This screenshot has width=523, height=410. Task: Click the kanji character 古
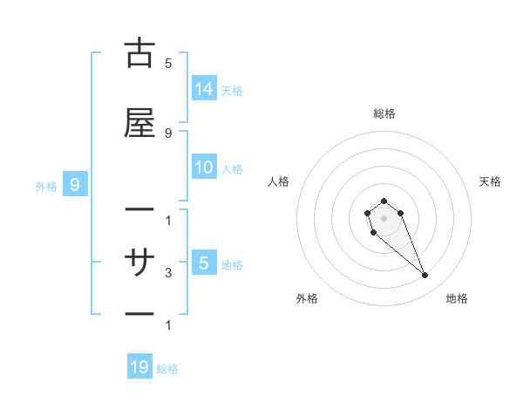[x=139, y=54]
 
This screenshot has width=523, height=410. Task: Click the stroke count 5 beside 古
[x=168, y=64]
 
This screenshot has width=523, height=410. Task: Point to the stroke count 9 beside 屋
[x=168, y=133]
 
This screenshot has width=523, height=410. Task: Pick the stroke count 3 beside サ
[x=168, y=273]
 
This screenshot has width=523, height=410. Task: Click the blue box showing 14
[x=204, y=88]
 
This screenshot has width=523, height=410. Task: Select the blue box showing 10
[x=204, y=167]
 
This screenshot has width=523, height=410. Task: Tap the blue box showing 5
[x=204, y=263]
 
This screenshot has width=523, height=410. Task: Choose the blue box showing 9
[x=75, y=184]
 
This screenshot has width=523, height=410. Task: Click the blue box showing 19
[x=139, y=367]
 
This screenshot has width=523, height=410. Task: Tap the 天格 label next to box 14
[x=232, y=90]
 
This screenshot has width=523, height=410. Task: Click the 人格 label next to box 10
[x=232, y=168]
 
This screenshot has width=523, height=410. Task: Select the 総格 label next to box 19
[x=167, y=369]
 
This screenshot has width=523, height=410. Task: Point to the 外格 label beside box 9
[x=46, y=186]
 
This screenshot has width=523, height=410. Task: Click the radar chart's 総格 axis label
[x=384, y=113]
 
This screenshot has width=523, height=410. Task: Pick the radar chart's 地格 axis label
[x=457, y=298]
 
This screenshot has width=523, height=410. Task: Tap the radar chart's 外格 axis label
[x=307, y=298]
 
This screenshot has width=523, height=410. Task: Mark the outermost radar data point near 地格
[x=425, y=276]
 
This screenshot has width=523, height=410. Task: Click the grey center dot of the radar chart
[x=384, y=217]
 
